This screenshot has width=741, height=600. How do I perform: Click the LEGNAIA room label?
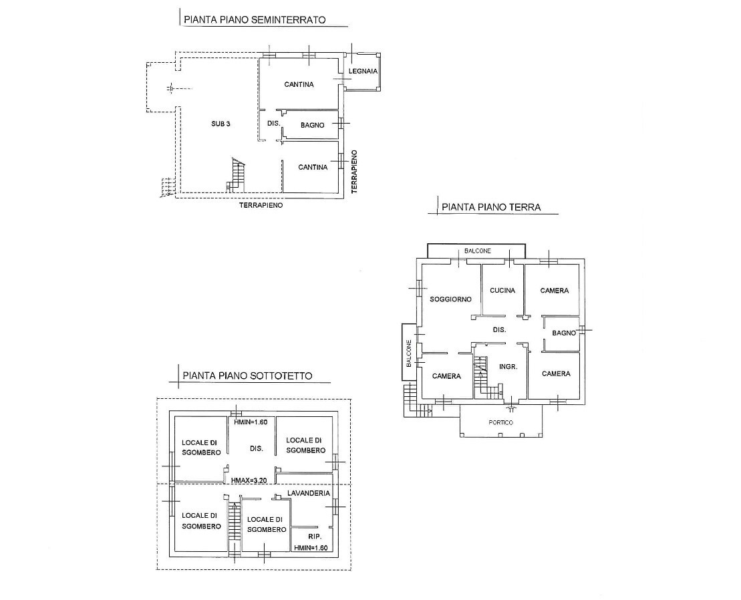click(363, 71)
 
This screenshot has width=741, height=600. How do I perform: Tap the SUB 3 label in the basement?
click(220, 124)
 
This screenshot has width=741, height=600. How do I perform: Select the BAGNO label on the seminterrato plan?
click(313, 125)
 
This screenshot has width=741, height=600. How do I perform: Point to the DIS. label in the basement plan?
click(274, 124)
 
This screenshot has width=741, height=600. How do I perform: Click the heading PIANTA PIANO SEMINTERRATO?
click(255, 20)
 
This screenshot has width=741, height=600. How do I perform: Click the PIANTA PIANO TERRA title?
click(491, 207)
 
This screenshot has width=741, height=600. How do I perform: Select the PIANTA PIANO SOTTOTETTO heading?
click(248, 376)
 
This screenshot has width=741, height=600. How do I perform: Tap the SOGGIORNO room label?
click(450, 299)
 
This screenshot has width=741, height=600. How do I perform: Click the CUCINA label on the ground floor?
click(502, 291)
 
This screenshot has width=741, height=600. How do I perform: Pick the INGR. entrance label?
click(508, 367)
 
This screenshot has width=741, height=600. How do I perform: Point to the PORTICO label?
click(501, 422)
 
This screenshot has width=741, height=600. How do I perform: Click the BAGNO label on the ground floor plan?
click(564, 333)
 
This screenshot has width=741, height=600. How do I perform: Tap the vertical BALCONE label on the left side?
click(409, 353)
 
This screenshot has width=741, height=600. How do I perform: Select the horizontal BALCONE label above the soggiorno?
click(477, 251)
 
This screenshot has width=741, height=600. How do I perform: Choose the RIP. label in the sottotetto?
click(315, 537)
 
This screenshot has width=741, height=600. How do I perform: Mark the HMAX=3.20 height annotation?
click(250, 480)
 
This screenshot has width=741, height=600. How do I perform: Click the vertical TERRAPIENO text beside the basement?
click(354, 172)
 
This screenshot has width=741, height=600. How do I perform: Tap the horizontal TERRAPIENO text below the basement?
click(261, 206)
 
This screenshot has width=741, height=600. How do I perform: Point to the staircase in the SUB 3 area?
click(237, 175)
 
